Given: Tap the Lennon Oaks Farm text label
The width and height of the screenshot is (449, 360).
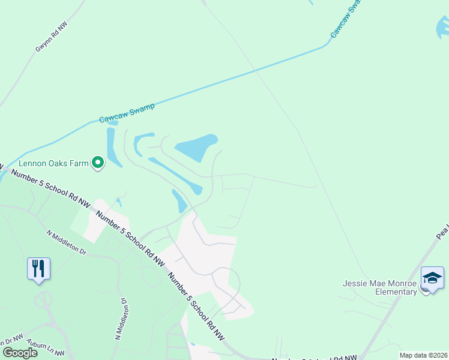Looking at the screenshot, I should pos(53,163).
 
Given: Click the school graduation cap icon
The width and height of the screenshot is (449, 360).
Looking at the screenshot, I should pos(432,278).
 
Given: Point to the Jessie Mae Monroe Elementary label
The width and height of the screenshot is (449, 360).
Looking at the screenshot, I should pos(379,287).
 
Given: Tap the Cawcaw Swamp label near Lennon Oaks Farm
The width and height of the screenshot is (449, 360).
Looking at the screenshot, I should pos(127,112).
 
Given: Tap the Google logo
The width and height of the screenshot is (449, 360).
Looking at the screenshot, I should pos(20,352).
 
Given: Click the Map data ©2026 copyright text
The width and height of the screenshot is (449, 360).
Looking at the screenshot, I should pos(423,355).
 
